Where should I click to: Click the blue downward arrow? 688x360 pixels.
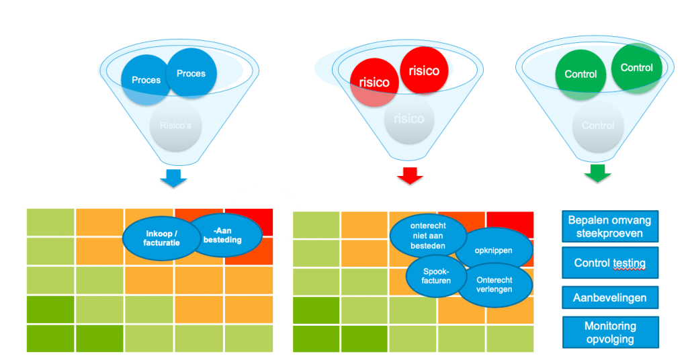(x=173, y=179)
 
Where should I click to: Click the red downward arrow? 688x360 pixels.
(x=408, y=176)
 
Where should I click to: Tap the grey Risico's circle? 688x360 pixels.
(x=176, y=126)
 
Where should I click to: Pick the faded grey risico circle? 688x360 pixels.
(x=408, y=120)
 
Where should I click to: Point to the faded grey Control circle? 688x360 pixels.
(x=597, y=126)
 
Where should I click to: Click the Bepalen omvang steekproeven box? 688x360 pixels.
(x=609, y=227)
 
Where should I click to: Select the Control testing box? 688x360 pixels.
(x=609, y=263)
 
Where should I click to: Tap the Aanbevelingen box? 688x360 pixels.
(x=609, y=297)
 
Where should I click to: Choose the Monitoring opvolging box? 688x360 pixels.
(x=609, y=332)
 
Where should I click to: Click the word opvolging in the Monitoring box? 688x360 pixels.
(x=609, y=339)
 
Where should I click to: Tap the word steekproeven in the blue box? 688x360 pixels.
(x=609, y=234)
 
